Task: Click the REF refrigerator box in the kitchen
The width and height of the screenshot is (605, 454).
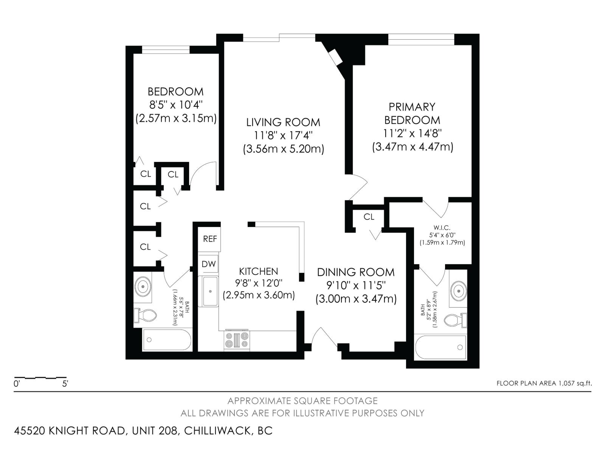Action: pyautogui.click(x=210, y=239)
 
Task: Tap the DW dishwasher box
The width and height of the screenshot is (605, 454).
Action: pyautogui.click(x=208, y=264)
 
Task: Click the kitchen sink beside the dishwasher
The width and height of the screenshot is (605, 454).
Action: pyautogui.click(x=210, y=291)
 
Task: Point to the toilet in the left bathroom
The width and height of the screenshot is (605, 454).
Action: pyautogui.click(x=146, y=315)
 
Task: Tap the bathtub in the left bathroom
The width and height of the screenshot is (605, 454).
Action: pyautogui.click(x=166, y=339)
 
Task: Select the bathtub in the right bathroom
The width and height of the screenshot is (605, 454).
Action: pyautogui.click(x=441, y=347)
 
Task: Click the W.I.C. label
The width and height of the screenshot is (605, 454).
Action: pyautogui.click(x=442, y=228)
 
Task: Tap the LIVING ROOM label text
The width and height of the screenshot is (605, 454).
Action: pyautogui.click(x=283, y=122)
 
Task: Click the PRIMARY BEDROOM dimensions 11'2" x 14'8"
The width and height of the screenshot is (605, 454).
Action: pyautogui.click(x=412, y=133)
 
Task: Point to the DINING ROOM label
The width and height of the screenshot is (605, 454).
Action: pyautogui.click(x=355, y=272)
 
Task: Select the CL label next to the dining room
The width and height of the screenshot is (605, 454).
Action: pyautogui.click(x=369, y=217)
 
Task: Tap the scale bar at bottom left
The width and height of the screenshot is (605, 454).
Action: pyautogui.click(x=40, y=378)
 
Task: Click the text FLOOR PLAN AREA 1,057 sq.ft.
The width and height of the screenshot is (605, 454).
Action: pyautogui.click(x=544, y=383)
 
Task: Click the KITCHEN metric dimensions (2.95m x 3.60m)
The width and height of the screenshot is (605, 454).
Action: pyautogui.click(x=259, y=295)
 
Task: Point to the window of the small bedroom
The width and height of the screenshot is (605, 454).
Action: pyautogui.click(x=166, y=50)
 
